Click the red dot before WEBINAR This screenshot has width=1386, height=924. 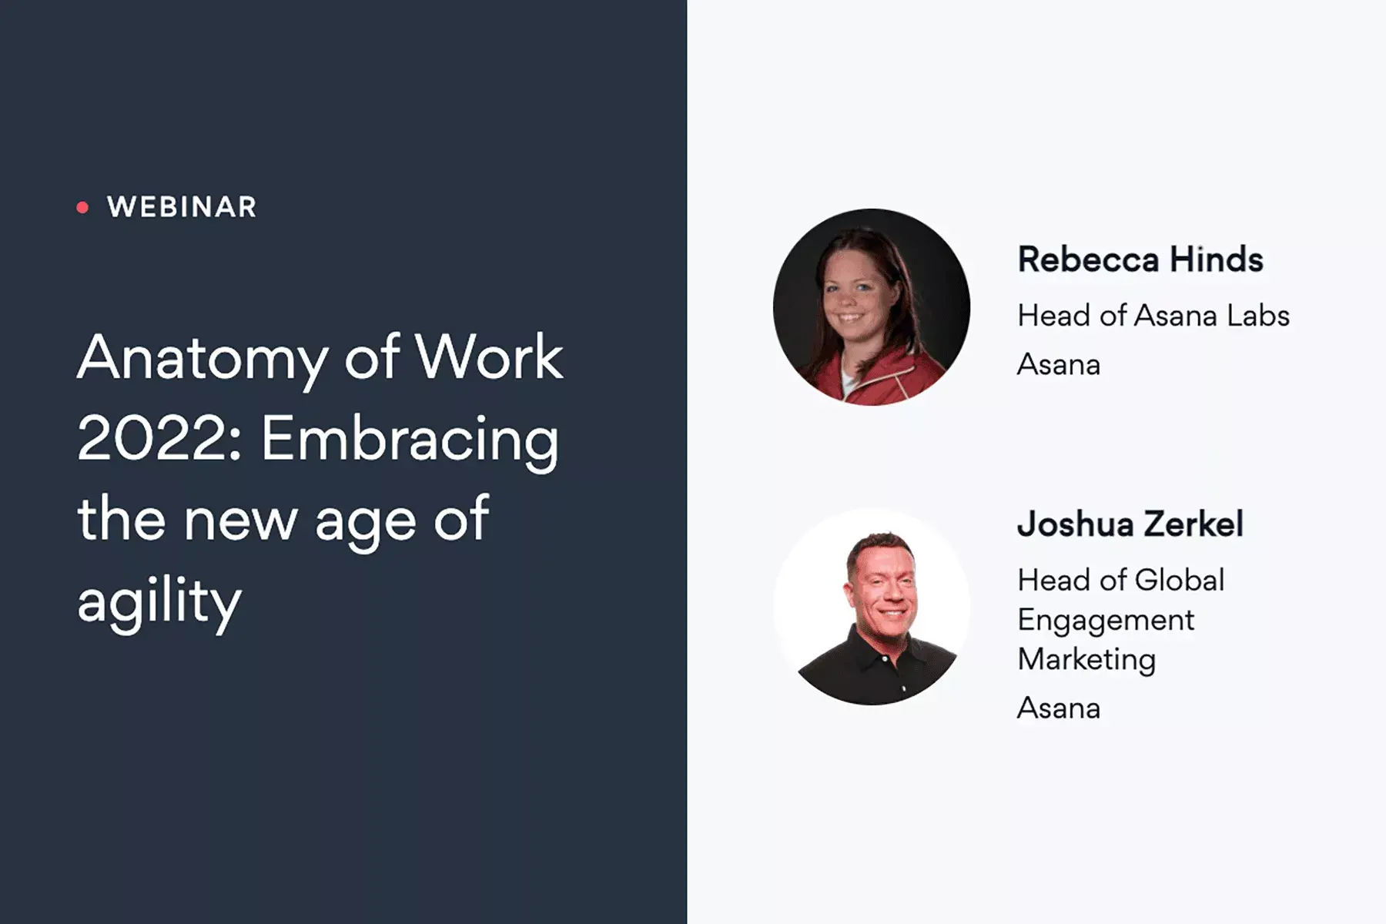point(82,207)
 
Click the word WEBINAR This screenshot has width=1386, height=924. point(182,207)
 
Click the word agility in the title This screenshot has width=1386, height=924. point(159,601)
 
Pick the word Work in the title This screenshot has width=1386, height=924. point(488,357)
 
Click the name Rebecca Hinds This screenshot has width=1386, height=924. point(1140,259)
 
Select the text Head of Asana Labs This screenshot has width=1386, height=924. point(1153,316)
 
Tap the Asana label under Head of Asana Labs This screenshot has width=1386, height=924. point(1059,364)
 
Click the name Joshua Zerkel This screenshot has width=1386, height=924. point(1130,524)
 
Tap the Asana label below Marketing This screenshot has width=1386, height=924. point(1059,708)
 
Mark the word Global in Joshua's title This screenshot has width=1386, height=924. point(1180,581)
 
